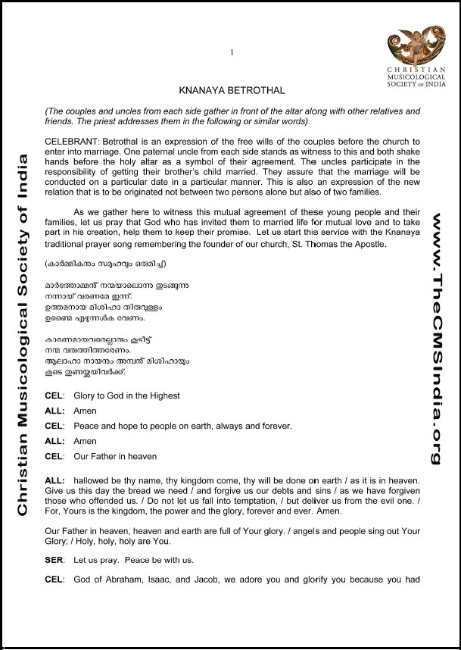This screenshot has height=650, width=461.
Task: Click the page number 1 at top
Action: (232, 52)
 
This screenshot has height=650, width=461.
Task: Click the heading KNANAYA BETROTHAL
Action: (232, 91)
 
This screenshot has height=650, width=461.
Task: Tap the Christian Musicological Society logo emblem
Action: (410, 45)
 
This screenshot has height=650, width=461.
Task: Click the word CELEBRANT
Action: (72, 142)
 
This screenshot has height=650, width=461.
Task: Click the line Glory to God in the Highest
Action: (126, 396)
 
